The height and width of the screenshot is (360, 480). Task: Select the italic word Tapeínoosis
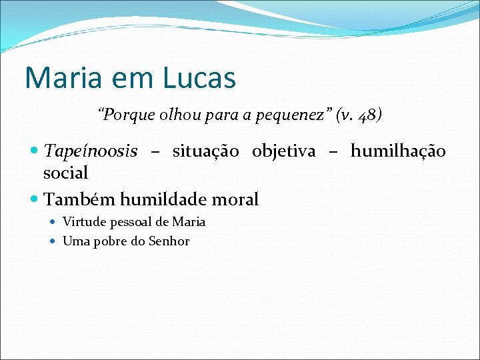[x=91, y=152]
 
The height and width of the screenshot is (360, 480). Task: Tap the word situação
[x=205, y=152]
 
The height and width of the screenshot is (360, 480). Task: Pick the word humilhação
[x=398, y=152]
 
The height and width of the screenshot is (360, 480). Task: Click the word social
[x=65, y=173]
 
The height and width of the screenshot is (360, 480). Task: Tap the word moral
[x=235, y=199]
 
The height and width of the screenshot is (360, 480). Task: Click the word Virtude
[x=82, y=222]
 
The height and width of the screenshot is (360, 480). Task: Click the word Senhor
[x=169, y=241]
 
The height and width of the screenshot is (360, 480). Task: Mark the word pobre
[x=111, y=241]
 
